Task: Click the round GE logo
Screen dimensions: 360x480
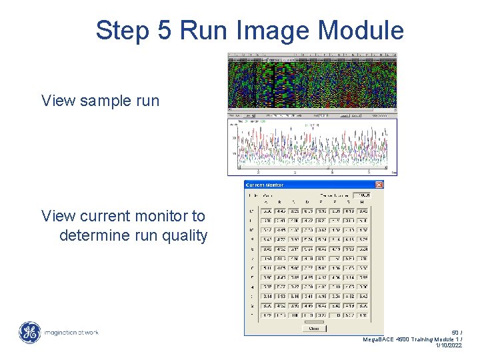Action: [x=29, y=332]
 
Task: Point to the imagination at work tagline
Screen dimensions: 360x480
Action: [x=71, y=332]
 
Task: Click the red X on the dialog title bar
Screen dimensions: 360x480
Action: [x=379, y=185]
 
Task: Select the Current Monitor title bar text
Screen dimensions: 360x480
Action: [x=265, y=185]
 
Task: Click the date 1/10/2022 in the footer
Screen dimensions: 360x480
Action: [x=449, y=346]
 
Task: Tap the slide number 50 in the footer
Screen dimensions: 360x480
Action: [x=455, y=332]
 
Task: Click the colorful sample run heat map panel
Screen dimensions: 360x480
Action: [x=312, y=83]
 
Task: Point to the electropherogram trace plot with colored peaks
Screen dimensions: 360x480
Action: [x=312, y=147]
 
